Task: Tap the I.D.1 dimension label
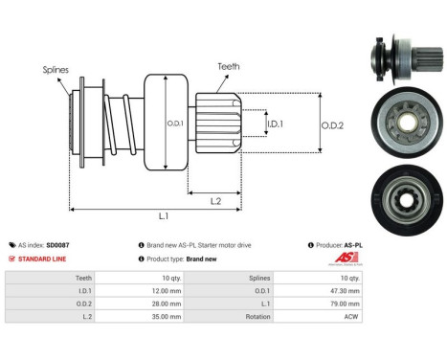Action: (274, 124)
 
